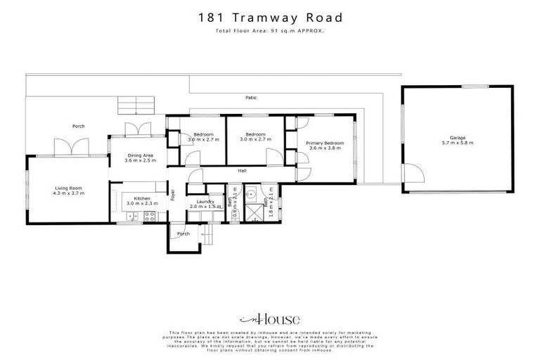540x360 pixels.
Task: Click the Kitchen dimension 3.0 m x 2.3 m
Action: click(140, 203)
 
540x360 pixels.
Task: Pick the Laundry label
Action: click(205, 202)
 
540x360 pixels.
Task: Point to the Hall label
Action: click(242, 170)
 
